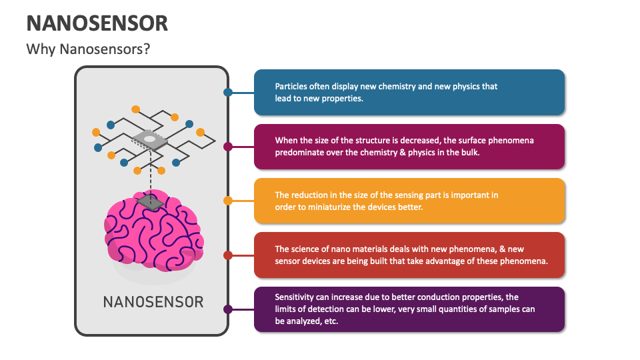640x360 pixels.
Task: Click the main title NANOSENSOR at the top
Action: (97, 23)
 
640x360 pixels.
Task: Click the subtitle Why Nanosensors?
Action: (88, 49)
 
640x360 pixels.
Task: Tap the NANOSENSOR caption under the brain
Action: (153, 301)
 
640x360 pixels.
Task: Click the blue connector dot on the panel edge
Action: (228, 93)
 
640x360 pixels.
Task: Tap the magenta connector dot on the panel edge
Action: (228, 147)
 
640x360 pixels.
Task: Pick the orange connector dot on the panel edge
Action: (228, 201)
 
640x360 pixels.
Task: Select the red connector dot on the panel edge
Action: (228, 255)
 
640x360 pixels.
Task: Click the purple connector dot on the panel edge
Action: (228, 309)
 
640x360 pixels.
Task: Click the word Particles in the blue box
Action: (291, 87)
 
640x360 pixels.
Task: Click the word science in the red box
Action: (304, 249)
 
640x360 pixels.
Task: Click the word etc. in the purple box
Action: (331, 321)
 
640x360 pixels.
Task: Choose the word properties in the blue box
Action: (343, 98)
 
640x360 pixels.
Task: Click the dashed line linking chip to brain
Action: (151, 173)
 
